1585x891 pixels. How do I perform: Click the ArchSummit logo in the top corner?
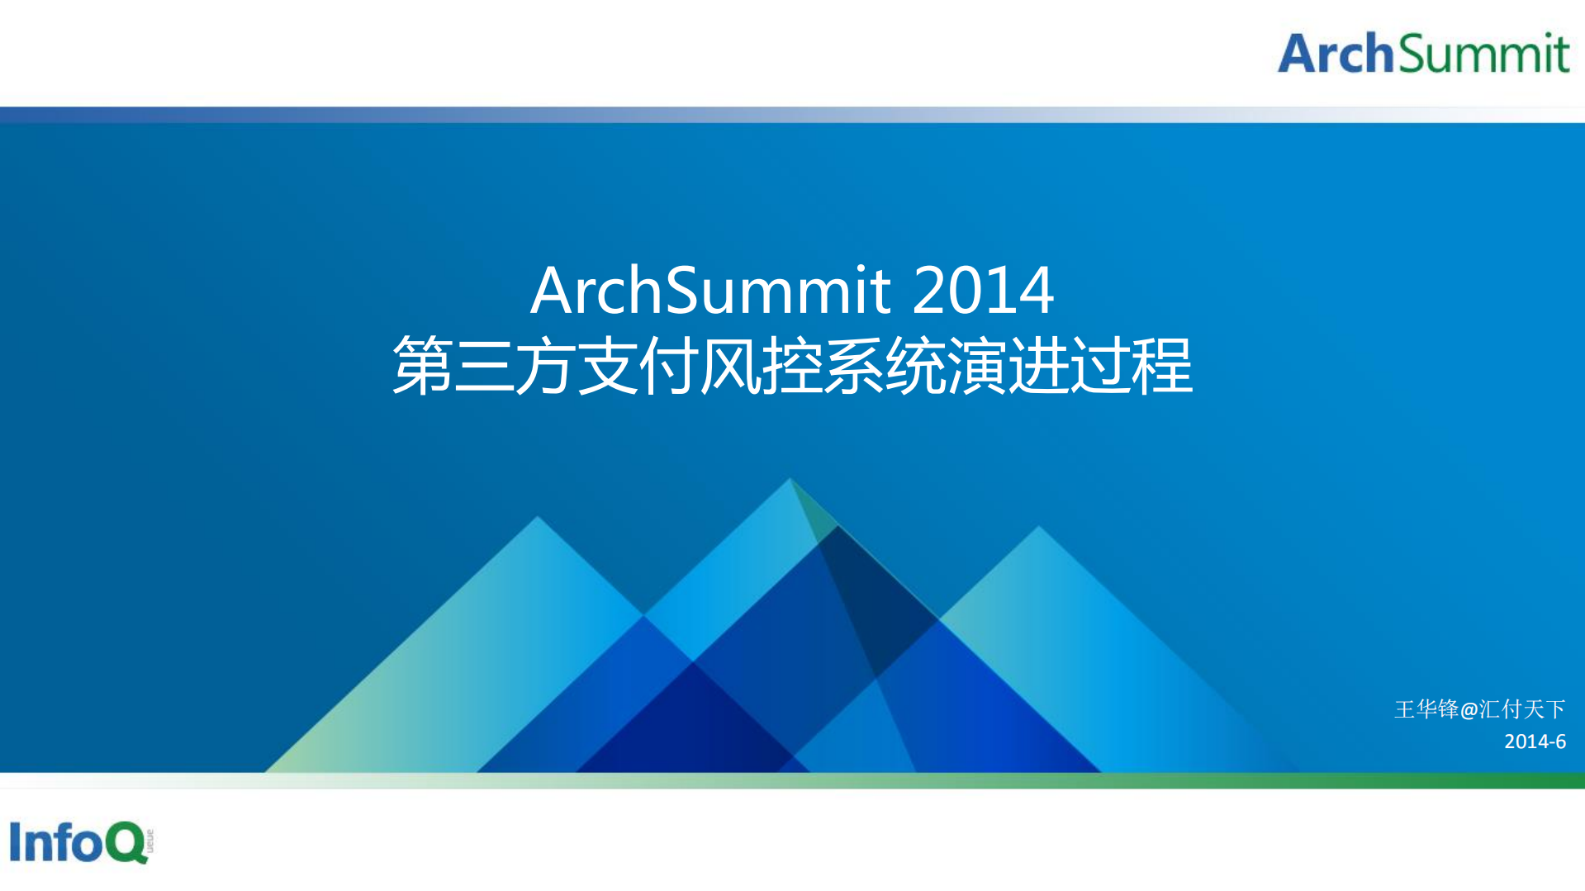[x=1423, y=53]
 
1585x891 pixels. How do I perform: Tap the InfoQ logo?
[x=80, y=842]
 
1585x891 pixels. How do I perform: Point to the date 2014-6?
[x=1535, y=742]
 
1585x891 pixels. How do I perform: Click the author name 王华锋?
[x=1426, y=709]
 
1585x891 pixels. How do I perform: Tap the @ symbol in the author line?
[x=1469, y=710]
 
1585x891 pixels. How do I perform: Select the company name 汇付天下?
[x=1522, y=709]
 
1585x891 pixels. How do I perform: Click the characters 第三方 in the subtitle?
[x=483, y=365]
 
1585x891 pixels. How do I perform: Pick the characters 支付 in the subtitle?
[x=637, y=365]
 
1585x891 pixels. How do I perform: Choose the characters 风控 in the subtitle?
[x=761, y=365]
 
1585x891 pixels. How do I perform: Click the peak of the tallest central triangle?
[x=790, y=479]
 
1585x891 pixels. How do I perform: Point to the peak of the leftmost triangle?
[x=538, y=518]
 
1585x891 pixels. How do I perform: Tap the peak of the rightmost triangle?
[x=1038, y=527]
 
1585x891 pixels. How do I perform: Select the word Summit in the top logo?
[x=1483, y=54]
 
